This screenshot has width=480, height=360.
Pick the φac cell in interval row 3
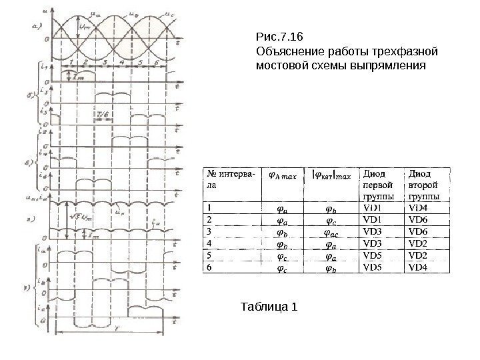tap(331, 231)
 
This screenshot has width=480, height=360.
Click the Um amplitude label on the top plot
tap(86, 27)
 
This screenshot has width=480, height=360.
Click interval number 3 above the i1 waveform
tap(104, 61)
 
